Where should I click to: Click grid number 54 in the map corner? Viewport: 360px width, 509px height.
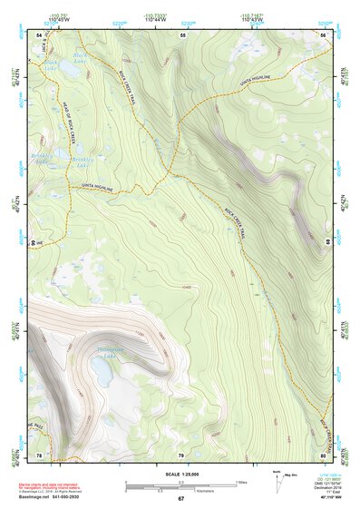click(x=39, y=34)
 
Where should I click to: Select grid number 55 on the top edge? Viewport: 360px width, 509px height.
click(x=182, y=34)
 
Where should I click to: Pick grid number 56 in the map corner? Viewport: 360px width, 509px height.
click(x=324, y=34)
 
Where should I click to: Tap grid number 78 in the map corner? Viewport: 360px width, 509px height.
click(x=39, y=455)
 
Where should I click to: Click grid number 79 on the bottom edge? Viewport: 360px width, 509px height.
click(x=181, y=455)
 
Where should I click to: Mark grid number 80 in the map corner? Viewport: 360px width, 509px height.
click(x=324, y=455)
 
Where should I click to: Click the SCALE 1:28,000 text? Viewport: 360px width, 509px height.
click(x=180, y=474)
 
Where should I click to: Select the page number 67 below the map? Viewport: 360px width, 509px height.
click(x=180, y=500)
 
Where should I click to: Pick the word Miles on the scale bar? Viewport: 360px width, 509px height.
click(x=240, y=481)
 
